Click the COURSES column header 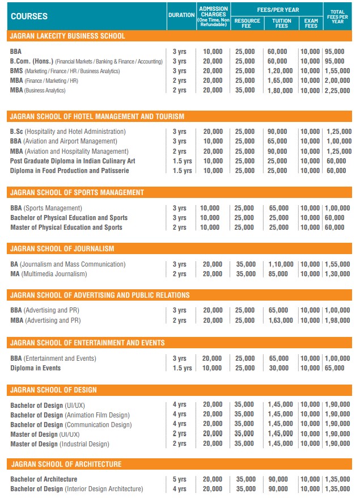[29, 16]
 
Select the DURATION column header [181, 15]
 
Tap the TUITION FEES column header [282, 23]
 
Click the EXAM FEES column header [311, 23]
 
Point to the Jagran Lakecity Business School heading [67, 36]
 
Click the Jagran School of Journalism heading [62, 249]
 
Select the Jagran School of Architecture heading [66, 465]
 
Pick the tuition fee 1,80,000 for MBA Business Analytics [281, 90]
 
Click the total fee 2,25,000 [338, 90]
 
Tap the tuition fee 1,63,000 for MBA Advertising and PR [281, 320]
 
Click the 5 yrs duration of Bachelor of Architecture [179, 479]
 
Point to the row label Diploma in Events [36, 368]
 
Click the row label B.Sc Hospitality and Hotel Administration [68, 132]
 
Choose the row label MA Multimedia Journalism [49, 274]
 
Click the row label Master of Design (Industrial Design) [60, 444]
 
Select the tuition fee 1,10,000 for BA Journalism [281, 264]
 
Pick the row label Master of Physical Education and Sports [66, 227]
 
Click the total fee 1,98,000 [338, 320]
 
